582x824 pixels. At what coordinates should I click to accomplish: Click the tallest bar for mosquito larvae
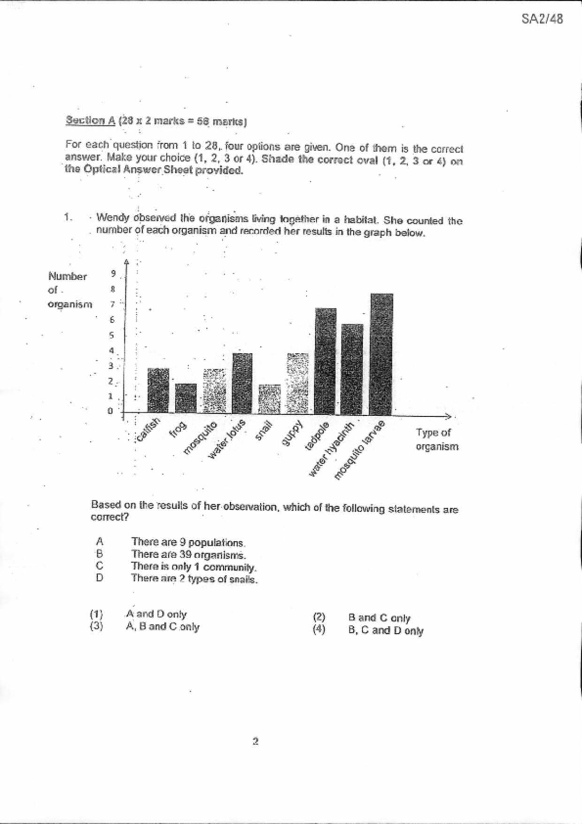point(381,354)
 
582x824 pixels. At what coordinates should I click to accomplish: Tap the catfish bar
point(158,390)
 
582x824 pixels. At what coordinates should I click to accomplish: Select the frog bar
point(186,398)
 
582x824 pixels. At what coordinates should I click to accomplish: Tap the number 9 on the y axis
point(113,273)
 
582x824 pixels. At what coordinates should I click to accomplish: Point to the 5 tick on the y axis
point(112,335)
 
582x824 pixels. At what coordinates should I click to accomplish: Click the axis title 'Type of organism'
point(436,440)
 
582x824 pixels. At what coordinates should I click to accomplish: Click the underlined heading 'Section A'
point(90,120)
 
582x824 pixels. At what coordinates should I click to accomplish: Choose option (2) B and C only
point(379,618)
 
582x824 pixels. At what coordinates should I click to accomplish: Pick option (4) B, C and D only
point(385,630)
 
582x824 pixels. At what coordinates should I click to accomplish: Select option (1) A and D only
point(156,614)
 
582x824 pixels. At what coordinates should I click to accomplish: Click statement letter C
point(99,566)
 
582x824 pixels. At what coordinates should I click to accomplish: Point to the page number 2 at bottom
point(256,741)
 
